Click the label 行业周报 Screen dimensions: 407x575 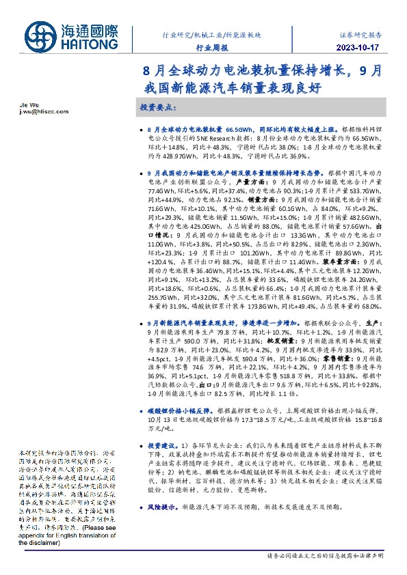tap(210, 47)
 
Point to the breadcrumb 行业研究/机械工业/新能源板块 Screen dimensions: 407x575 tap(210, 33)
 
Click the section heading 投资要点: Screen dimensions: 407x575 tap(158, 108)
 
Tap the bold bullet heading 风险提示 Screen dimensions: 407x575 tap(163, 507)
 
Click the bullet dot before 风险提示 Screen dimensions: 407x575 tap(141, 507)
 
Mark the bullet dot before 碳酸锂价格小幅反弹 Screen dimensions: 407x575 tap(141, 411)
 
